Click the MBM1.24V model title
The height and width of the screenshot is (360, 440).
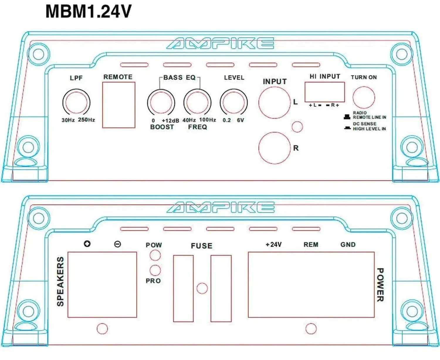pos(89,12)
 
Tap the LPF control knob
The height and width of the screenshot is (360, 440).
pos(76,102)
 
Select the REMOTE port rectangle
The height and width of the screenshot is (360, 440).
pos(119,105)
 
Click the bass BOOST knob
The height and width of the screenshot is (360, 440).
pos(161,103)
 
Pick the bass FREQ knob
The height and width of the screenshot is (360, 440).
pos(197,102)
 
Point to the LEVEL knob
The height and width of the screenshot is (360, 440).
pos(234,102)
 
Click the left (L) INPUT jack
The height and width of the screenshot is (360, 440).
pos(275,103)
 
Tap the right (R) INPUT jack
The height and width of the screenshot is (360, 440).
pos(275,148)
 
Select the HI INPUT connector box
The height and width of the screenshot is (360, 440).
pos(325,92)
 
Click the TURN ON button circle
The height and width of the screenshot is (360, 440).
pos(364,97)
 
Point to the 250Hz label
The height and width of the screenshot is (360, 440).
pos(86,120)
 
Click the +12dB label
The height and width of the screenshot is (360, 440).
pos(170,120)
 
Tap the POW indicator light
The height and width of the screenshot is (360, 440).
pos(155,255)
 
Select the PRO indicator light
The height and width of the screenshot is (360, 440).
pos(155,270)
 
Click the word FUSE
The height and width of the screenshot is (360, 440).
pos(202,246)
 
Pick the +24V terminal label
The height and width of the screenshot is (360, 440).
pos(273,244)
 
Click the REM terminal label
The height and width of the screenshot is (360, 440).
pos(311,244)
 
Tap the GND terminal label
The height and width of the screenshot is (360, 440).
pos(348,244)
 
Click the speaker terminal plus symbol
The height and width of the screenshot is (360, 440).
pos(87,244)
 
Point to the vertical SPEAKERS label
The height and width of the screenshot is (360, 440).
pos(60,281)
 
